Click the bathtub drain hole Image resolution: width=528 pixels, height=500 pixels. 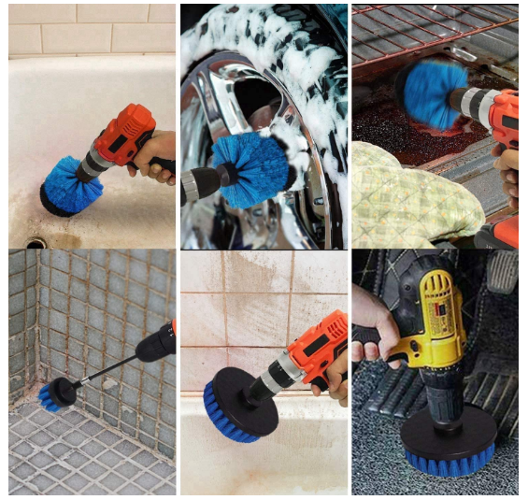click(36, 241)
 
